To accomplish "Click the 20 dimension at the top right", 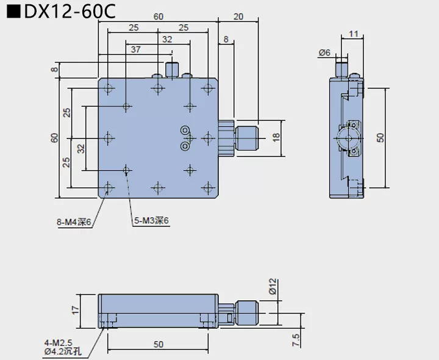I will (238, 16).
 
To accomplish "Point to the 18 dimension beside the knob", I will (275, 138).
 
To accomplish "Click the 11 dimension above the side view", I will (354, 35).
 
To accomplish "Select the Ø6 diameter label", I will (324, 53).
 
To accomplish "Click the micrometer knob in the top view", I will (246, 138).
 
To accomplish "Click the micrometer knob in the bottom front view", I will (247, 311).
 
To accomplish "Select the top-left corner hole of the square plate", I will (109, 88).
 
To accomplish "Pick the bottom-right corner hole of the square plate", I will (209, 188).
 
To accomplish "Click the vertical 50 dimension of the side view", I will (381, 138).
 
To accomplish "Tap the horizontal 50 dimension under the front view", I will (159, 345).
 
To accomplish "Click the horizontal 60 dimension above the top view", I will (158, 16).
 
